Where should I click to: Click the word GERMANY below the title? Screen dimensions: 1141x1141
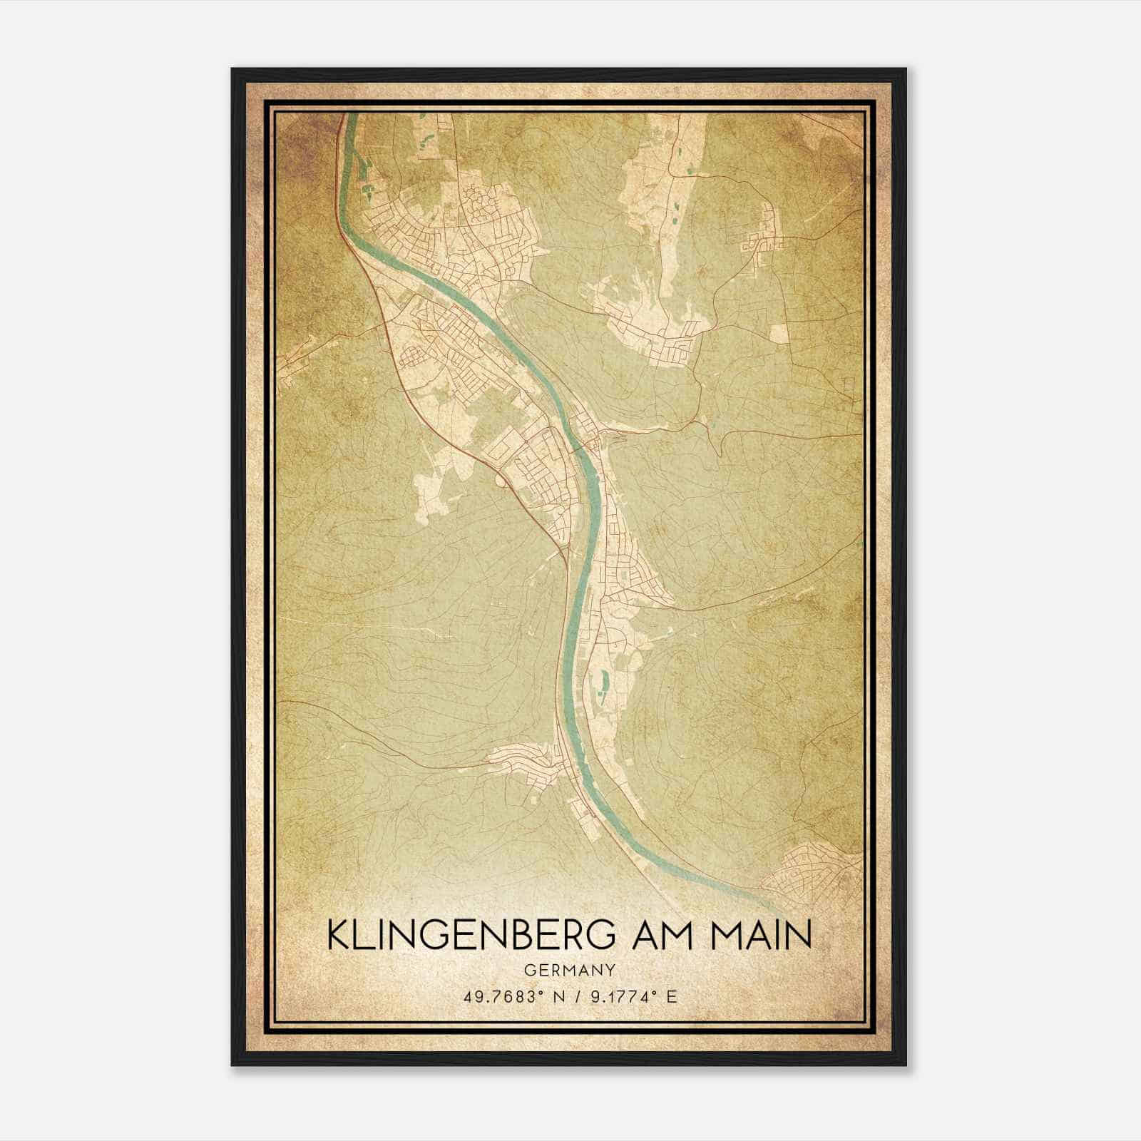point(569,971)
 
